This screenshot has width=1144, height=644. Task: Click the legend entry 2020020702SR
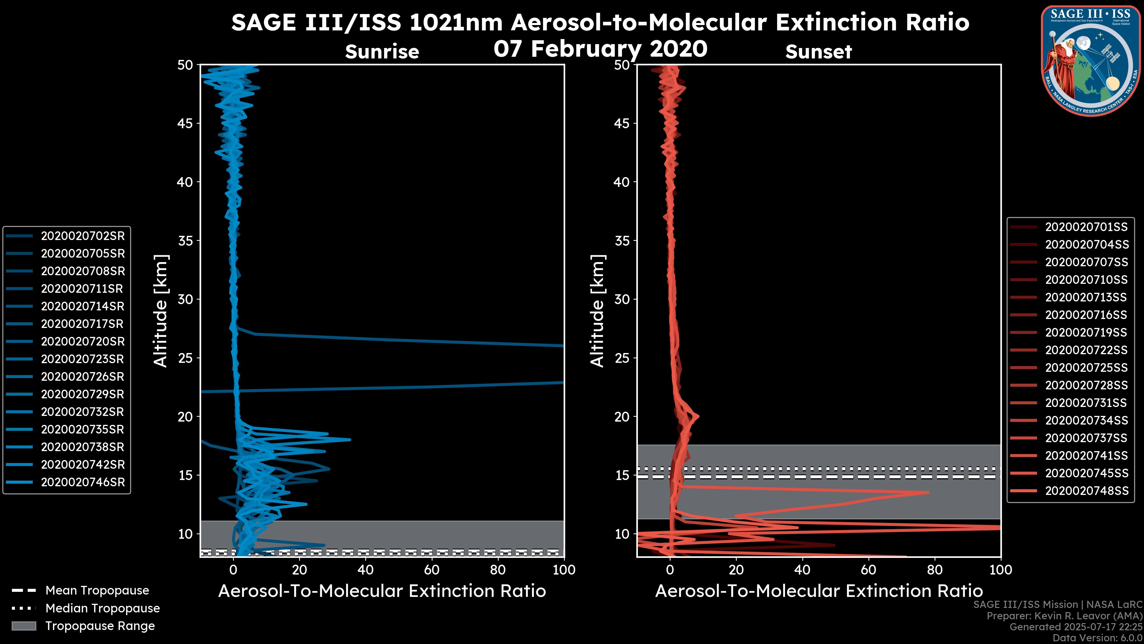83,236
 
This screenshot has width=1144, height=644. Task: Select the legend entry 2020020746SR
83,482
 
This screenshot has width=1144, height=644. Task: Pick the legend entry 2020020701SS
1086,227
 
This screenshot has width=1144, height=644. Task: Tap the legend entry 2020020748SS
1086,491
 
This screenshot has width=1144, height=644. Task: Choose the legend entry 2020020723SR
83,359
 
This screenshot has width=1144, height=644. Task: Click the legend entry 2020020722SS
1086,350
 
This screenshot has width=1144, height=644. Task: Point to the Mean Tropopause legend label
97,591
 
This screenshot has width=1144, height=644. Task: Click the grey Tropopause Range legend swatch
24,626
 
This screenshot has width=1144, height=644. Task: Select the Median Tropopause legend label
102,609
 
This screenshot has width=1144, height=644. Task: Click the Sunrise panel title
382,52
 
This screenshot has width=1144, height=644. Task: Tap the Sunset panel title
818,52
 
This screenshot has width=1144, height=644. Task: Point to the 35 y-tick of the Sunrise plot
185,241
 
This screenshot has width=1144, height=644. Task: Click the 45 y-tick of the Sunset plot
622,123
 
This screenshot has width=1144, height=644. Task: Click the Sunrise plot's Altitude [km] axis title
161,311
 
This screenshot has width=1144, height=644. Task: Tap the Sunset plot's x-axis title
818,591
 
